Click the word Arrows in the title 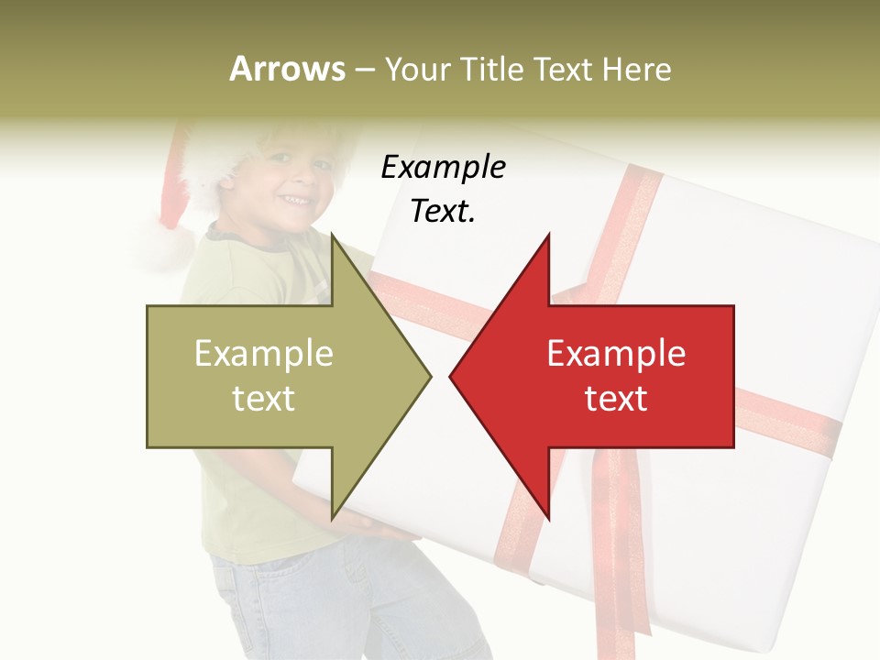coord(287,69)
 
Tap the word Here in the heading coord(636,70)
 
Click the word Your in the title coord(417,70)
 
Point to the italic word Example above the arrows coord(443,168)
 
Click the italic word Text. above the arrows coord(443,212)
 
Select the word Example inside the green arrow coord(264,354)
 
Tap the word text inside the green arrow coord(264,398)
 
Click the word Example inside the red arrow coord(616,354)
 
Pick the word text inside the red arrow coord(616,398)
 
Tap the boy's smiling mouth coord(295,198)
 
